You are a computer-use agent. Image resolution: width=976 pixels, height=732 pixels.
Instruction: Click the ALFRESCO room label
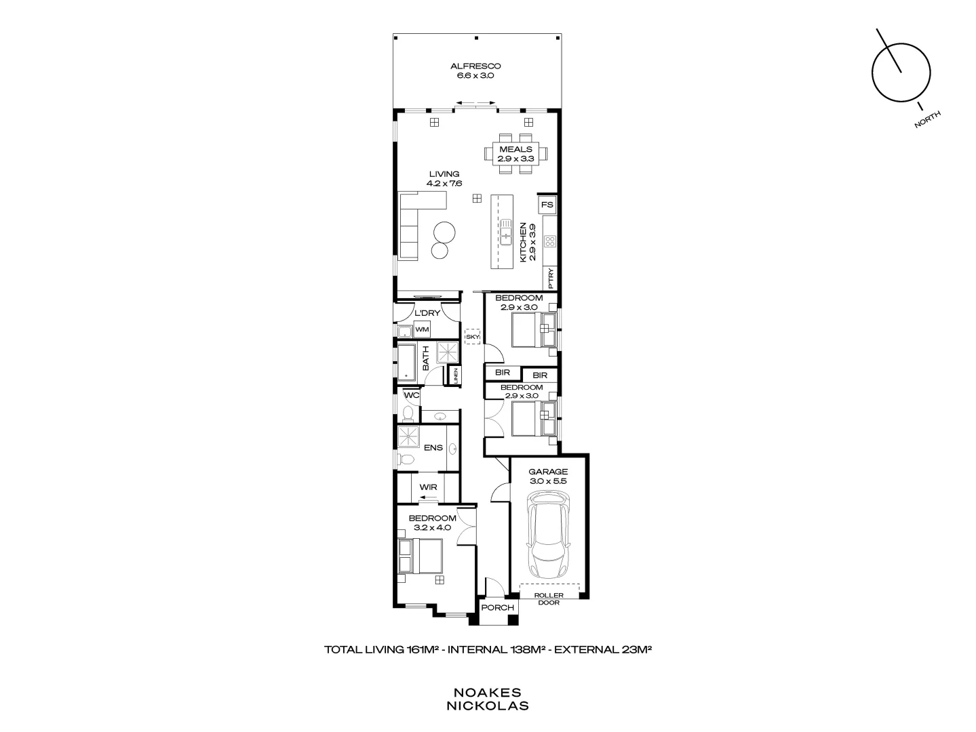coord(475,66)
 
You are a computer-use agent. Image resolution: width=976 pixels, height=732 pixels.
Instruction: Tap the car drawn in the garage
coord(549,535)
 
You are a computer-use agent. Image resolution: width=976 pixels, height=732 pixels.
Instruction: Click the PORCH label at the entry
coord(497,608)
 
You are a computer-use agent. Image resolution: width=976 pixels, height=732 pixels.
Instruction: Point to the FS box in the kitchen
coord(547,205)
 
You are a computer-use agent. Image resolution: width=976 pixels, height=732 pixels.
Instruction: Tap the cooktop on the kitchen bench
coord(550,241)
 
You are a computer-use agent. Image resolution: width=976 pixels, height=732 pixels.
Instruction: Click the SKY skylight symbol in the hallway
coord(472,336)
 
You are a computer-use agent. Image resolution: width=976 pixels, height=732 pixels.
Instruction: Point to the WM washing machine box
coord(422,329)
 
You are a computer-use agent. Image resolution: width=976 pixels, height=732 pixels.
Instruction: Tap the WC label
coord(412,395)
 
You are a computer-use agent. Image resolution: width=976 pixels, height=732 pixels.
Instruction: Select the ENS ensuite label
coord(433,448)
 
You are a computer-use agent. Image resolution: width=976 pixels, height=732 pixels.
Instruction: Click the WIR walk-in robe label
coord(428,487)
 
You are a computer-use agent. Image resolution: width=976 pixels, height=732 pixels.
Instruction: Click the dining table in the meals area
coord(515,154)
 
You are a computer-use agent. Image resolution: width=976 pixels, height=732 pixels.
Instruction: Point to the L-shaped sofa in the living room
coord(414,224)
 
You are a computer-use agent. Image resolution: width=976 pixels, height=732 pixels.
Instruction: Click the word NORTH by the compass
coord(927,120)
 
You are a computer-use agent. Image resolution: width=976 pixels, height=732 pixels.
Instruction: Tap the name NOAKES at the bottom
coord(487,693)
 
